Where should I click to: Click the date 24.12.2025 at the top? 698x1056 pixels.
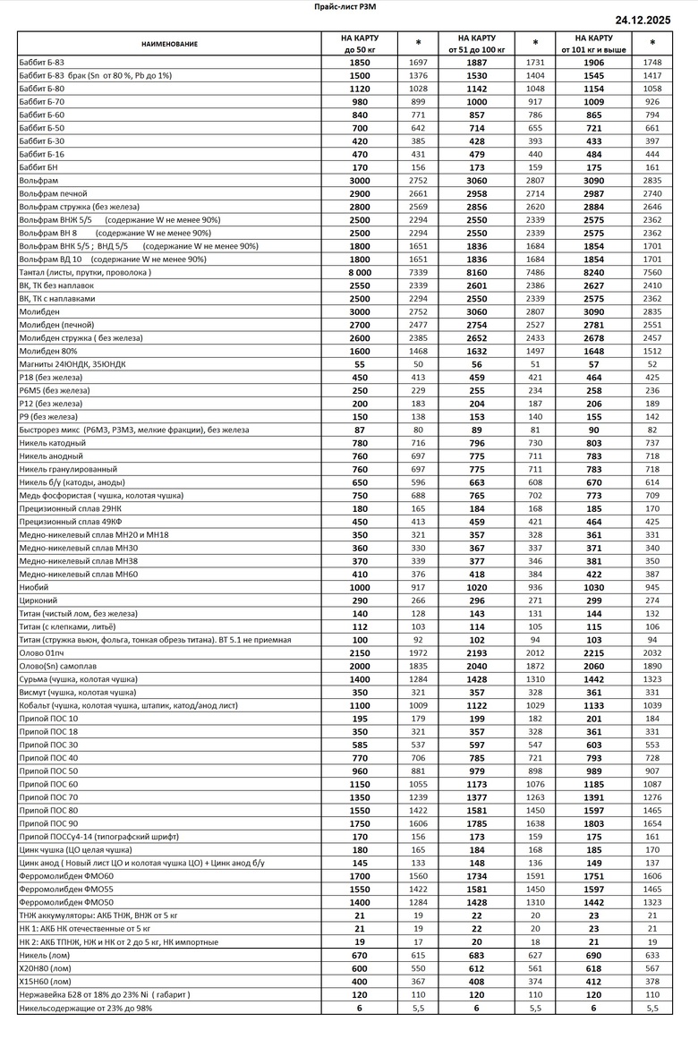652,20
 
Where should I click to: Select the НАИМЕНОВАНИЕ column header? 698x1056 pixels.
169,43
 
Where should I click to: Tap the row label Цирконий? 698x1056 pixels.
39,600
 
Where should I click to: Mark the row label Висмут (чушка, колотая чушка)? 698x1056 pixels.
78,693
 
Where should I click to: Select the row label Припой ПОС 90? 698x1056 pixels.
48,823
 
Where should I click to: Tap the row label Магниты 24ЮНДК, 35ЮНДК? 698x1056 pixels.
72,364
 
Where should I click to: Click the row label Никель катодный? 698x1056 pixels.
53,443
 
